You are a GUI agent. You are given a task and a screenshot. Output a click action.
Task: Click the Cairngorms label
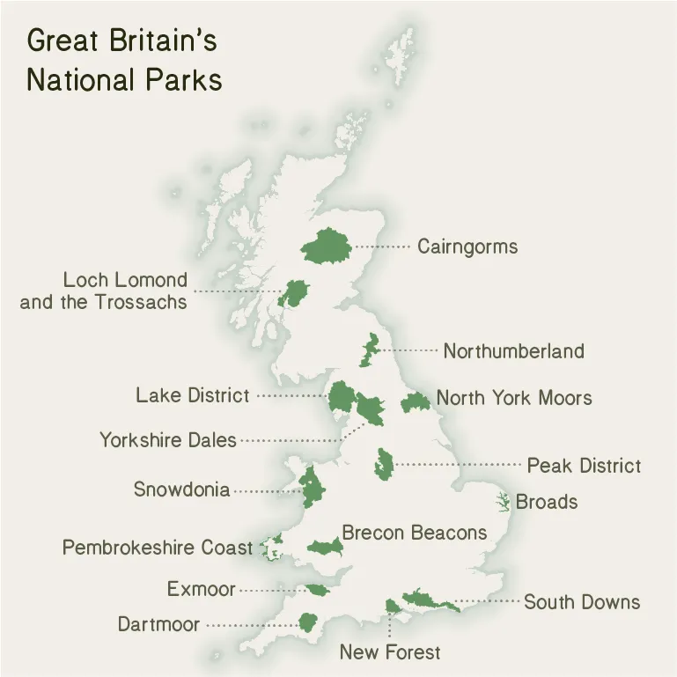coord(467,247)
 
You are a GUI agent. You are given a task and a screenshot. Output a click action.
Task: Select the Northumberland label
coord(513,351)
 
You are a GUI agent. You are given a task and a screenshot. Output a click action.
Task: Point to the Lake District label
coord(192,395)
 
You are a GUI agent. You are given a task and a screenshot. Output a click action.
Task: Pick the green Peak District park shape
coord(383,464)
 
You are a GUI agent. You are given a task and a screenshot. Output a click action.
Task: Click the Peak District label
coord(584,465)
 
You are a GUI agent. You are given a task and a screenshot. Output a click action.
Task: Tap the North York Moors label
coord(514,398)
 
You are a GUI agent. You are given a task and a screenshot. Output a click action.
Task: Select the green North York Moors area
coord(415,403)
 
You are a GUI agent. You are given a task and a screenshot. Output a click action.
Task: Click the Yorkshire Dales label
coord(167,439)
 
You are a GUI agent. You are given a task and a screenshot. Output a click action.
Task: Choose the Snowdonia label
coord(181,489)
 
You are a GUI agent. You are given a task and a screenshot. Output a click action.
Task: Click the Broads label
coord(547,502)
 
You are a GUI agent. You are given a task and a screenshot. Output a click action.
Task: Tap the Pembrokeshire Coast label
coord(157,548)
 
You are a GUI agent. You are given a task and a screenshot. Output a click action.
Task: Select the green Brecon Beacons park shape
coord(326,548)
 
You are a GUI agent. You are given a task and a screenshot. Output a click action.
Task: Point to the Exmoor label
coord(201,589)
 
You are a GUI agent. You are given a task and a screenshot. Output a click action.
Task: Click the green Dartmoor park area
coord(307,622)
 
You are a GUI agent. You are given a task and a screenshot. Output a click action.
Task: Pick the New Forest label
coord(390,652)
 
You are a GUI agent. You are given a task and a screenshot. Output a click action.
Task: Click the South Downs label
coord(582,602)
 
